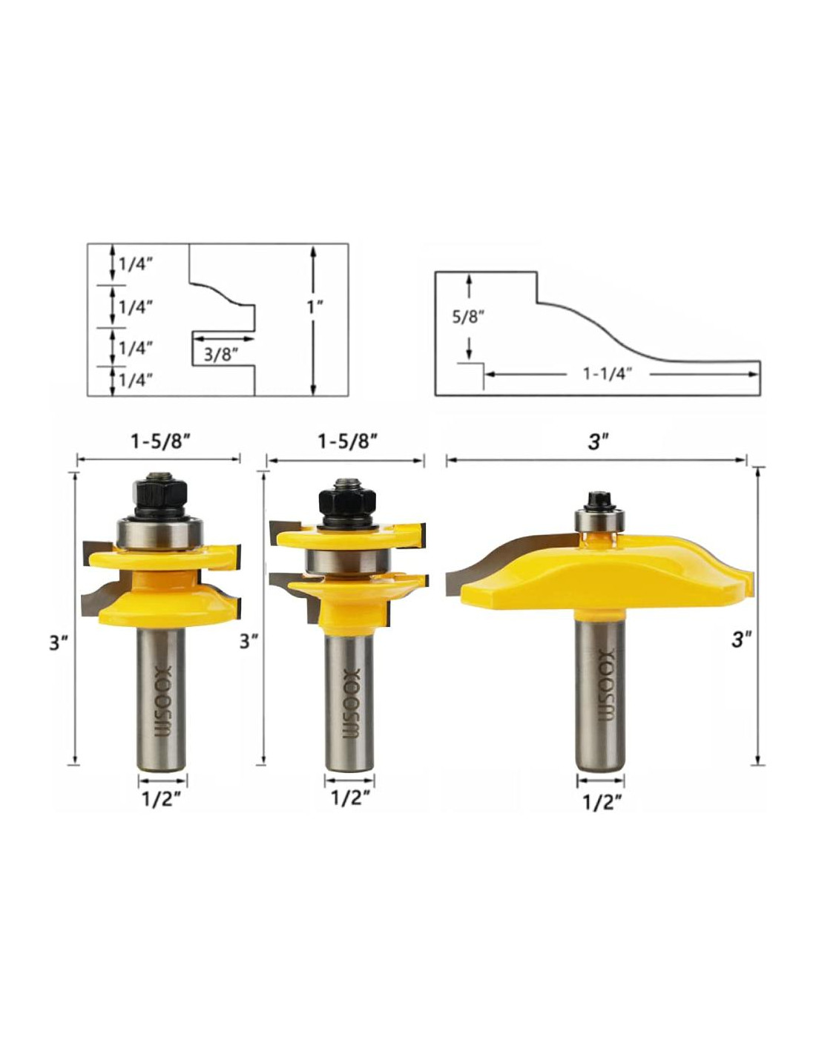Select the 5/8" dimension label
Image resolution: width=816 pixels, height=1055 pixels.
(x=468, y=318)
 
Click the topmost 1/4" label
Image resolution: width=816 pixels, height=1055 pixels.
(x=136, y=265)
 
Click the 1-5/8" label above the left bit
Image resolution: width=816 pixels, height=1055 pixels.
(x=158, y=441)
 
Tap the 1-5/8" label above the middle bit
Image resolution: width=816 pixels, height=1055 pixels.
(x=348, y=441)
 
